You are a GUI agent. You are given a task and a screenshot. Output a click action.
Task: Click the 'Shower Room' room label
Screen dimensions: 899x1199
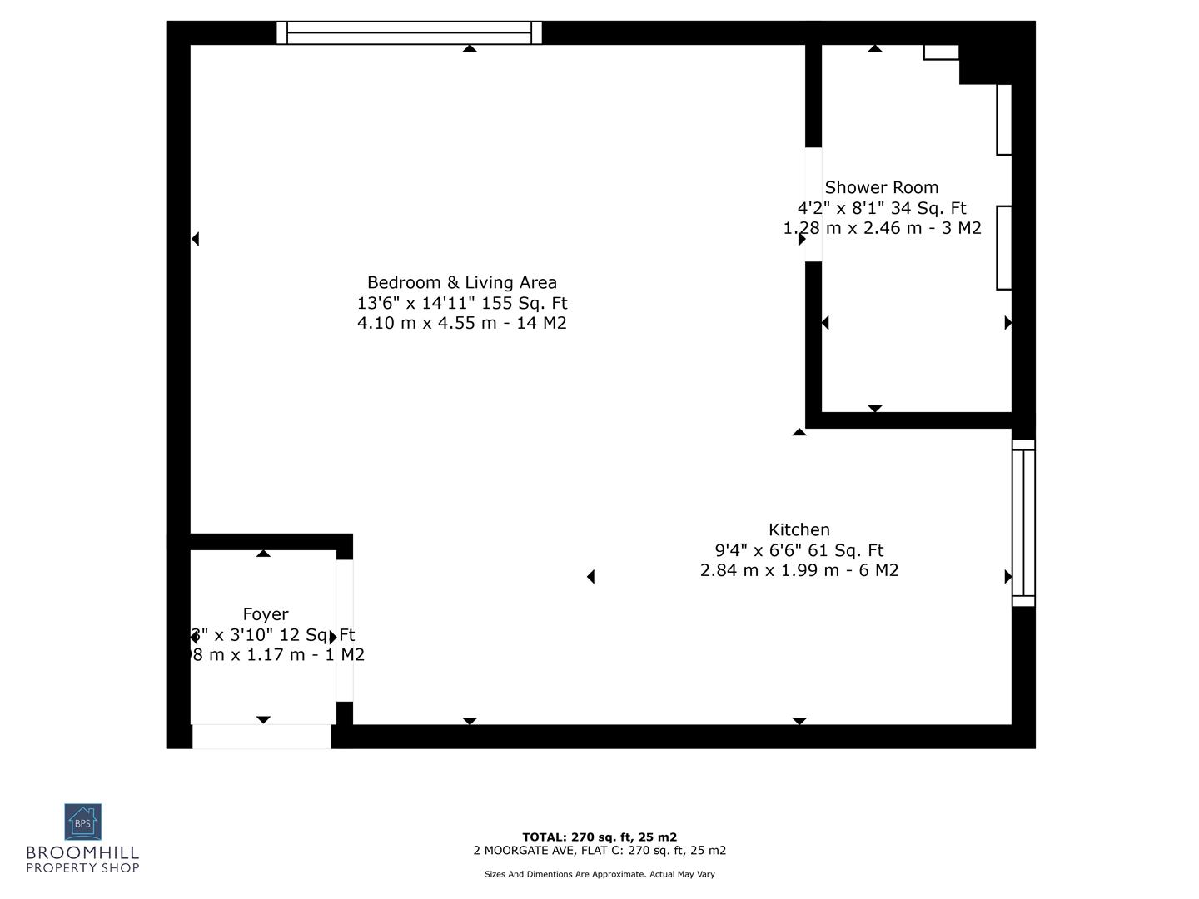(881, 188)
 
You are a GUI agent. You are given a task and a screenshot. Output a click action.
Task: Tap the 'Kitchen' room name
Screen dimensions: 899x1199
(799, 530)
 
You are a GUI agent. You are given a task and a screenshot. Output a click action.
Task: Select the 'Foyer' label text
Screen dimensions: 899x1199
(266, 615)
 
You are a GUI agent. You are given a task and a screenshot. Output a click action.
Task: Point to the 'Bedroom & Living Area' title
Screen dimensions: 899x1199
(462, 283)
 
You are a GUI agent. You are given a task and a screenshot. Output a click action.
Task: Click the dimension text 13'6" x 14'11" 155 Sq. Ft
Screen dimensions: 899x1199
(462, 303)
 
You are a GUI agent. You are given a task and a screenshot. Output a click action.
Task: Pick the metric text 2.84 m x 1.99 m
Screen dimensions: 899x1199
(799, 570)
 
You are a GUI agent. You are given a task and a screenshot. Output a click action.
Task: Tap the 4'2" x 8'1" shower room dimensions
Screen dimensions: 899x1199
(881, 208)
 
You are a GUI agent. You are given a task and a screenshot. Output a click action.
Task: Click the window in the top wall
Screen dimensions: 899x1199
(409, 32)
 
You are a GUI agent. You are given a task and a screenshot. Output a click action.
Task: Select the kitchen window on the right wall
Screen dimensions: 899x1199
(1023, 523)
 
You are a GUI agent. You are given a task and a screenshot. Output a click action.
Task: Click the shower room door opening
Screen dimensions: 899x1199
(813, 205)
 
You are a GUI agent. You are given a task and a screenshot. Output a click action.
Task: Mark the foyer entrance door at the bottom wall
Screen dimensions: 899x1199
(261, 736)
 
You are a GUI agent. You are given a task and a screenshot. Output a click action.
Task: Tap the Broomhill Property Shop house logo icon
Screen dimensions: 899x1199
(82, 822)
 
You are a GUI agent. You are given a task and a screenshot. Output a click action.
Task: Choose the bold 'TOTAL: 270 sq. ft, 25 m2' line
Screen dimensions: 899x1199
(599, 837)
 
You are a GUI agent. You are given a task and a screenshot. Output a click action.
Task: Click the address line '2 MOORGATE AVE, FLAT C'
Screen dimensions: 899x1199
(599, 851)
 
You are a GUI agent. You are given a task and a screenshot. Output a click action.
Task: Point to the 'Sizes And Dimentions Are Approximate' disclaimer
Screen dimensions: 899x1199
(599, 874)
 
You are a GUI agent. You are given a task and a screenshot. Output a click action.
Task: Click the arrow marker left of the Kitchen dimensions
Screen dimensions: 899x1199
(590, 576)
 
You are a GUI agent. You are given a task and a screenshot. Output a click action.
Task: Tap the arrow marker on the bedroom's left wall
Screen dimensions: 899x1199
(195, 239)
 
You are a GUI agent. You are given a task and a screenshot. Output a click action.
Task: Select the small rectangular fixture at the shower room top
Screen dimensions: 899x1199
(941, 52)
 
